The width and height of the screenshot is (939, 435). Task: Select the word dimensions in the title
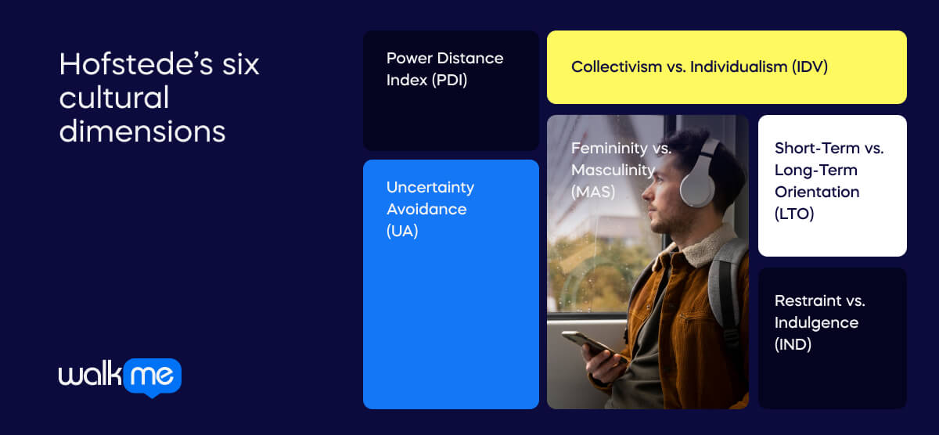pyautogui.click(x=142, y=131)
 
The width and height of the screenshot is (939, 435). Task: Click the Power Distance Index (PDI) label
pyautogui.click(x=444, y=69)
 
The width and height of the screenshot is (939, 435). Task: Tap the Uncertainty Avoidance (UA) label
pyautogui.click(x=430, y=209)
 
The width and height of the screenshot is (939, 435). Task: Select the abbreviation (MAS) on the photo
pyautogui.click(x=593, y=191)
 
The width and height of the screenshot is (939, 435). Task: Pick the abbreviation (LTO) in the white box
pyautogui.click(x=795, y=213)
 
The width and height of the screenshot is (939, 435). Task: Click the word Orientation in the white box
pyautogui.click(x=817, y=192)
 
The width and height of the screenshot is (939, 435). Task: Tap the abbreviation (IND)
pyautogui.click(x=793, y=343)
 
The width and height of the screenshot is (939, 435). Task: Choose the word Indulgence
pyautogui.click(x=816, y=322)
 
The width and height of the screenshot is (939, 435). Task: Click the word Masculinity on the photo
pyautogui.click(x=612, y=170)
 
